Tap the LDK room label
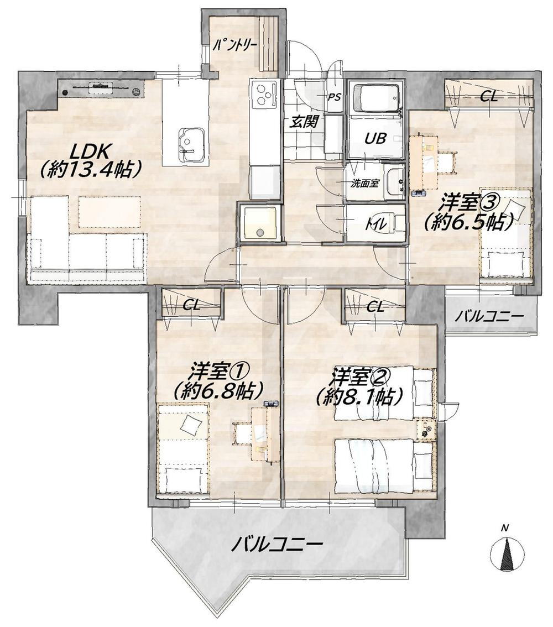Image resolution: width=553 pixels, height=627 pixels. click(x=90, y=151)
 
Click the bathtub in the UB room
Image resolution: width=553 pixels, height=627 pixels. click(x=376, y=97)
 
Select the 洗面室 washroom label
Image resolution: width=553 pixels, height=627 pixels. click(x=364, y=184)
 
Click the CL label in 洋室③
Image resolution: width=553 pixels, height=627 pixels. click(x=489, y=96)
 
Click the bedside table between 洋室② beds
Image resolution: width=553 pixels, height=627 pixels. click(x=425, y=430)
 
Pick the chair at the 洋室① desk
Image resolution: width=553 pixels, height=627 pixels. click(x=242, y=433)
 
